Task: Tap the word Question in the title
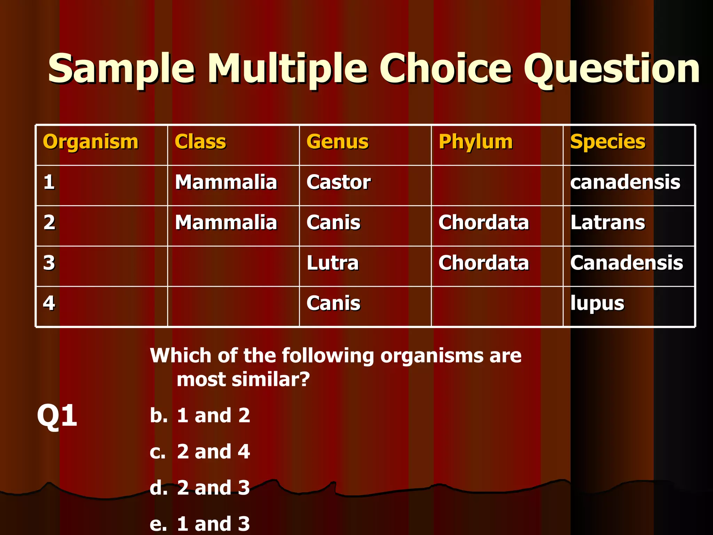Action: (611, 69)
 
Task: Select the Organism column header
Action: (91, 142)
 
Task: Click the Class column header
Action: (200, 142)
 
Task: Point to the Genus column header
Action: (337, 142)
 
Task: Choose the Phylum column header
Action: (476, 142)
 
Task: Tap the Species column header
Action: (608, 142)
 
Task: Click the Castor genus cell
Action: (338, 182)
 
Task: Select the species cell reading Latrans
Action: (608, 223)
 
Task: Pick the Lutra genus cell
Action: (332, 263)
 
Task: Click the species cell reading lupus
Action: (597, 303)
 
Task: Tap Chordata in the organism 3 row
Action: (484, 263)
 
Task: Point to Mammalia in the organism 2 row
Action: (226, 223)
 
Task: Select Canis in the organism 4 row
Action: (333, 303)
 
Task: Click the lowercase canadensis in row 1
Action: (625, 182)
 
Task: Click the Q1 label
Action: (57, 415)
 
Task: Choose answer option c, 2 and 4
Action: (213, 452)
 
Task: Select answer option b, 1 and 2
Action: (213, 416)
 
